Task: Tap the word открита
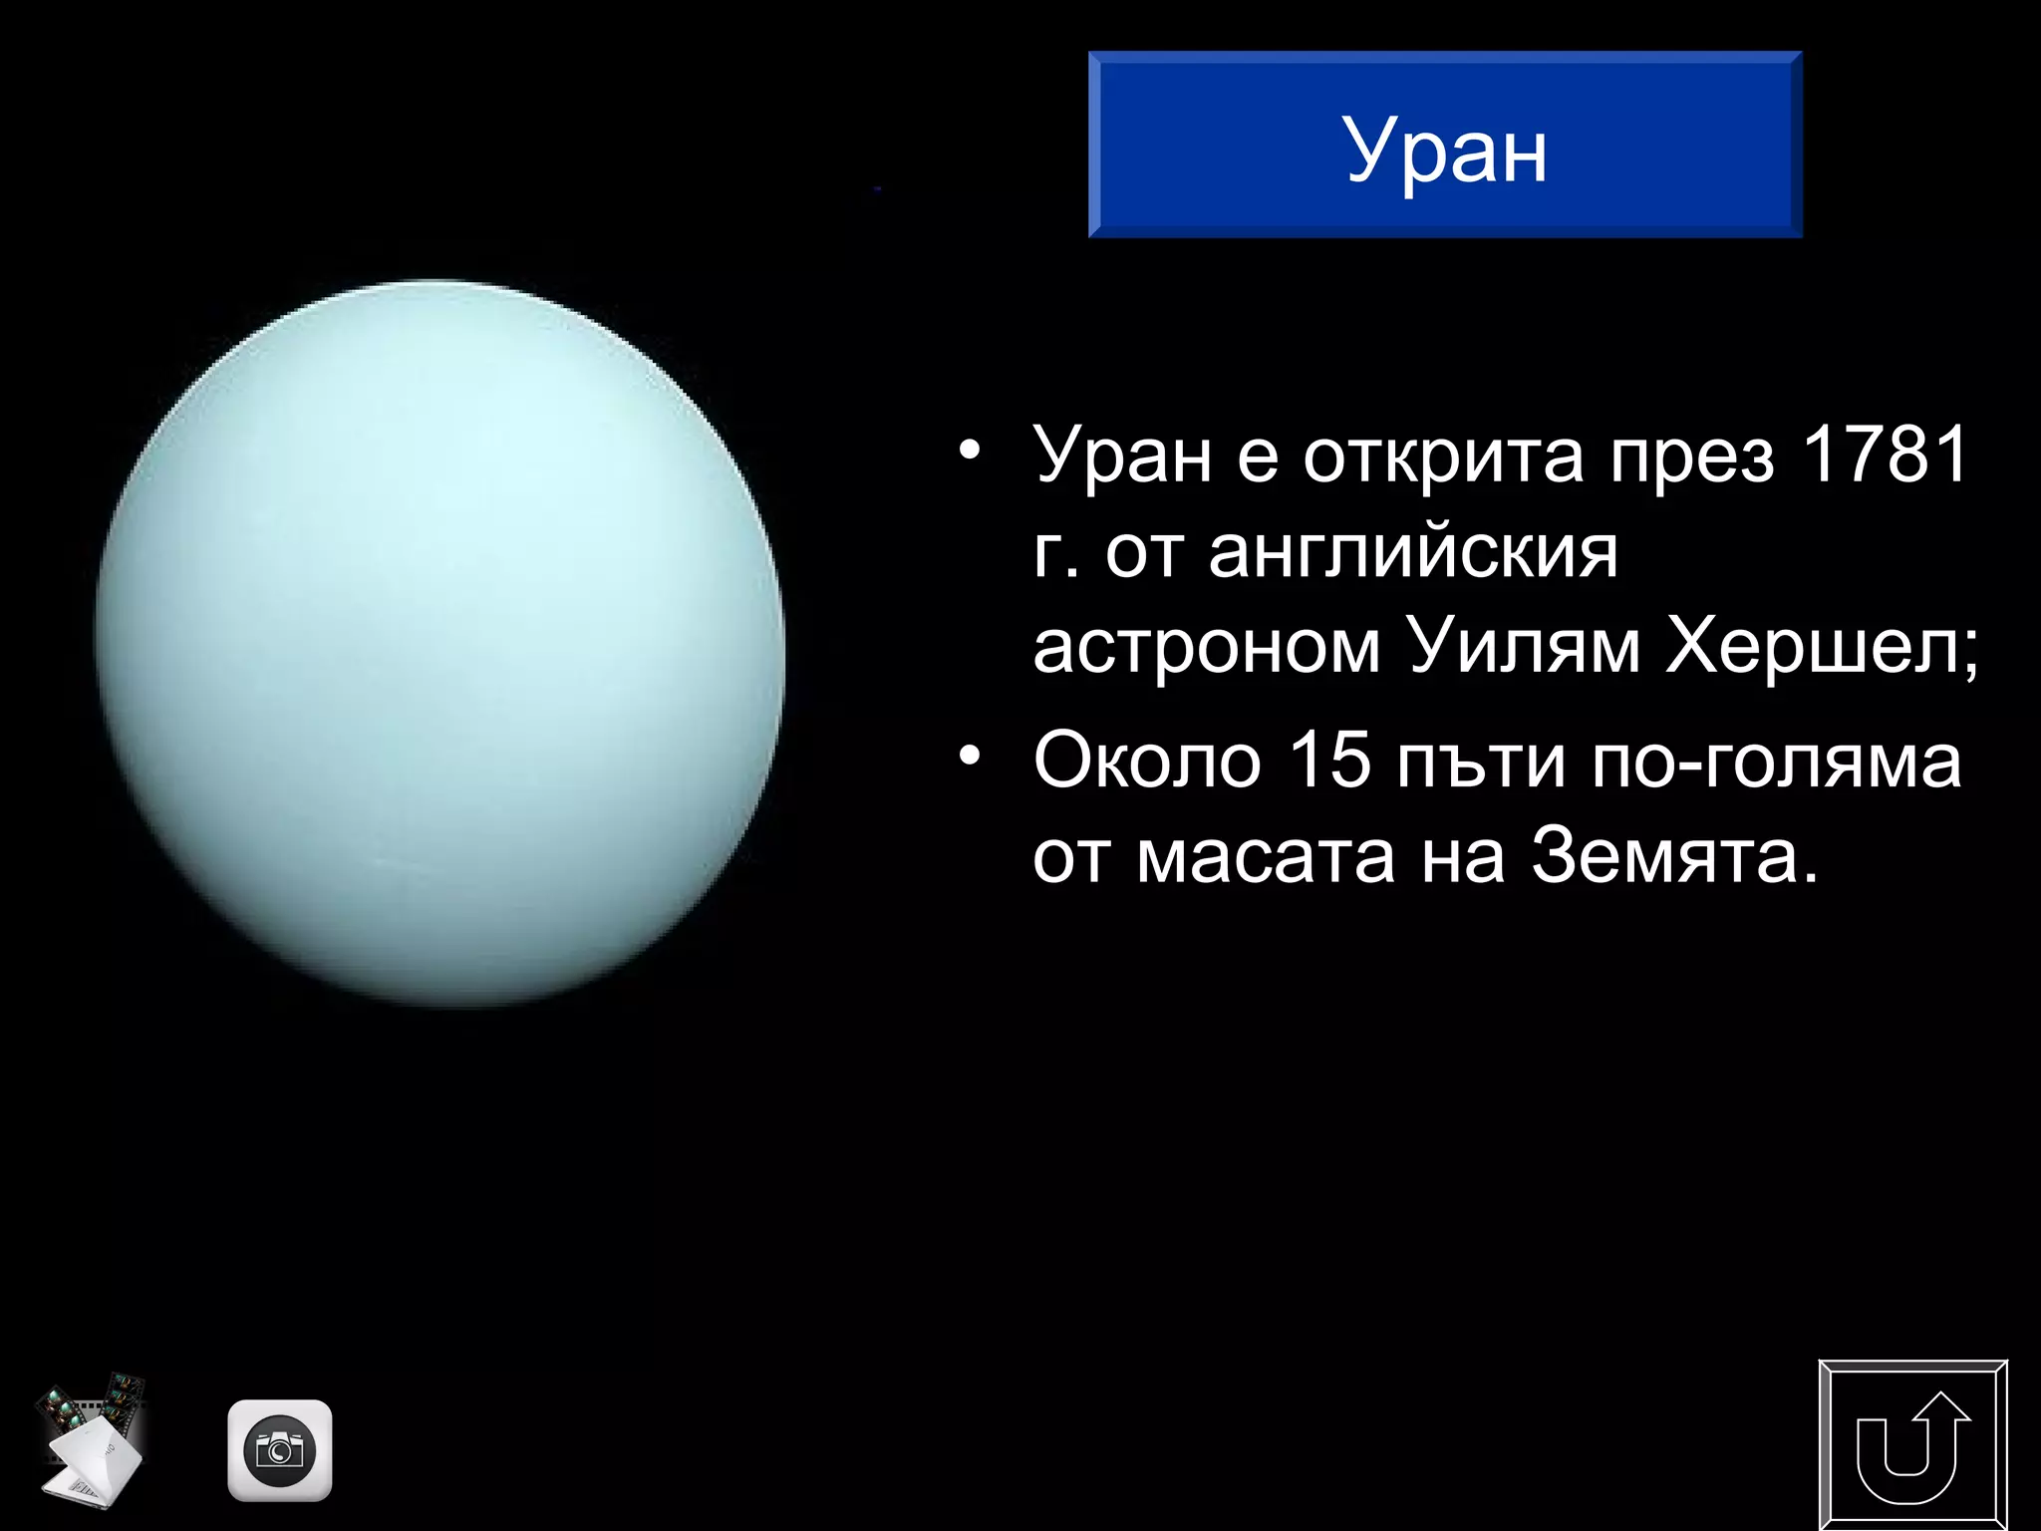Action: pos(1443,458)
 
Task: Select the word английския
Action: pos(1413,553)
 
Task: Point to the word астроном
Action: pos(1207,649)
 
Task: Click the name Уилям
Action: pos(1524,647)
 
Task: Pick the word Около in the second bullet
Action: pos(1147,761)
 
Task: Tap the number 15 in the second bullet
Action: pos(1329,761)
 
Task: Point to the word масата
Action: pos(1266,856)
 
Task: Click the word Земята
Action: pos(1664,856)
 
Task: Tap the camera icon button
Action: pos(280,1450)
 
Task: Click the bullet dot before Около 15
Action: pos(970,759)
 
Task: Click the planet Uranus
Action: pos(439,643)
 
